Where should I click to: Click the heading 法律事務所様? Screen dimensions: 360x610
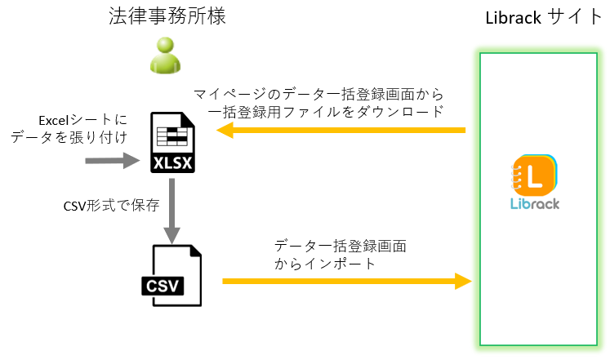point(167,17)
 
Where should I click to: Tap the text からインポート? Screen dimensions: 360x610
point(325,264)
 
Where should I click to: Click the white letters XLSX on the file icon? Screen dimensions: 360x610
point(173,163)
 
